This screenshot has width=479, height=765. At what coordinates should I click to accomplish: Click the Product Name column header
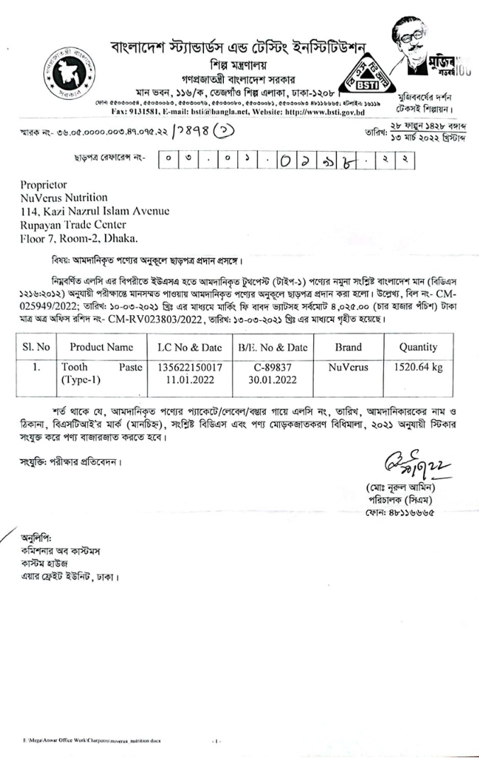pos(101,347)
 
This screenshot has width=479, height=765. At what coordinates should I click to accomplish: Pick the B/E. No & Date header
pos(270,347)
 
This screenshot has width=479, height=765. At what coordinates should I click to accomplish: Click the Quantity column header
pos(417,347)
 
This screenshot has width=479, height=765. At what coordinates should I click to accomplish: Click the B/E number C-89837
pos(270,368)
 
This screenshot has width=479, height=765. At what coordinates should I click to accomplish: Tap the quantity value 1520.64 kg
pos(417,368)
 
